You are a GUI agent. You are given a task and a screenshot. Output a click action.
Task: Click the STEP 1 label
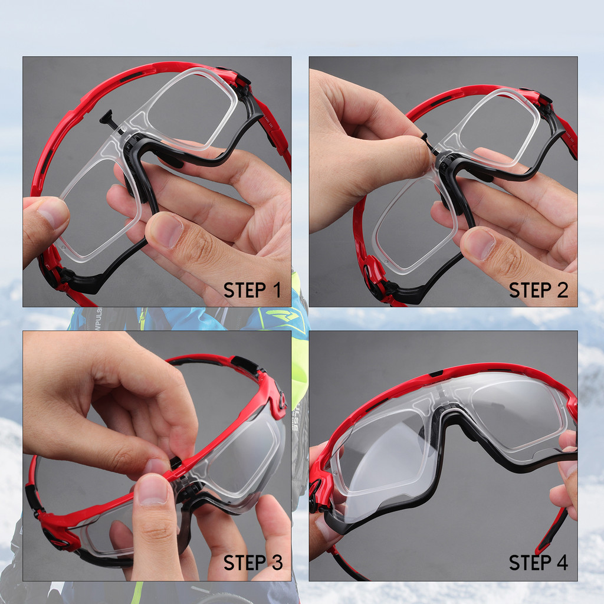pos(252,290)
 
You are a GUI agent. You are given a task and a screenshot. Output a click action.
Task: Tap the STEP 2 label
pos(539,290)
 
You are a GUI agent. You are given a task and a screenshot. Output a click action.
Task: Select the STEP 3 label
pos(253,563)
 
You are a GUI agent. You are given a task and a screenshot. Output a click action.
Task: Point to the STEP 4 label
pos(539,563)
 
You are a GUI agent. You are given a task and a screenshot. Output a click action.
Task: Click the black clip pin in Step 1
pos(110,119)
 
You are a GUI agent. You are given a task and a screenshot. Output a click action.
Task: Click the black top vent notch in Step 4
pos(436,374)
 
